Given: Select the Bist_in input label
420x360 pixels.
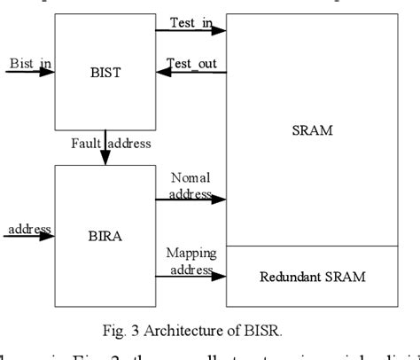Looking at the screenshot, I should (28, 64).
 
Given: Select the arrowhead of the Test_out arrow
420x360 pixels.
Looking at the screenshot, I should (161, 73).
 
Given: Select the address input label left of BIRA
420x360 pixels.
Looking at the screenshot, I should (28, 230).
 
